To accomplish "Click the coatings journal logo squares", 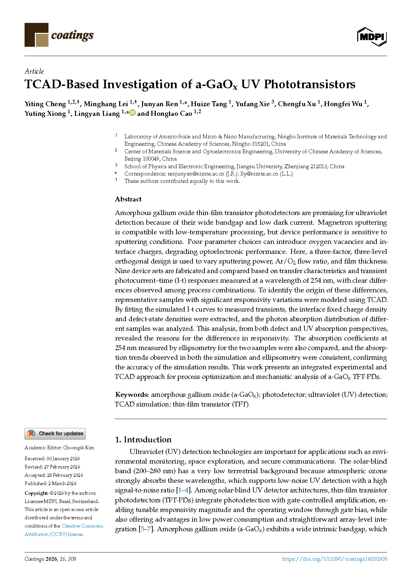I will pos(37,35).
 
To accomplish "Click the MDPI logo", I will pos(372,36).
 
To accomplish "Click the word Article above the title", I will pos(34,71).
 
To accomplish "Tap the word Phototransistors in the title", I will pos(309,84).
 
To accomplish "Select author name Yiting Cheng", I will pos(45,104).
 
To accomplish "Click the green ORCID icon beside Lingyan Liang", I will pos(132,113).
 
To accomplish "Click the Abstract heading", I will pos(128,199).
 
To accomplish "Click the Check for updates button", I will pos(55,434).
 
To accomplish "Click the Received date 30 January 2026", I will pos(63,459).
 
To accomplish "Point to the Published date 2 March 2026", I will pos(62,483).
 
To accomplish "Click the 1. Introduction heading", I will pos(143,440).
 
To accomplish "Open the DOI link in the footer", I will pos(334,559).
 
